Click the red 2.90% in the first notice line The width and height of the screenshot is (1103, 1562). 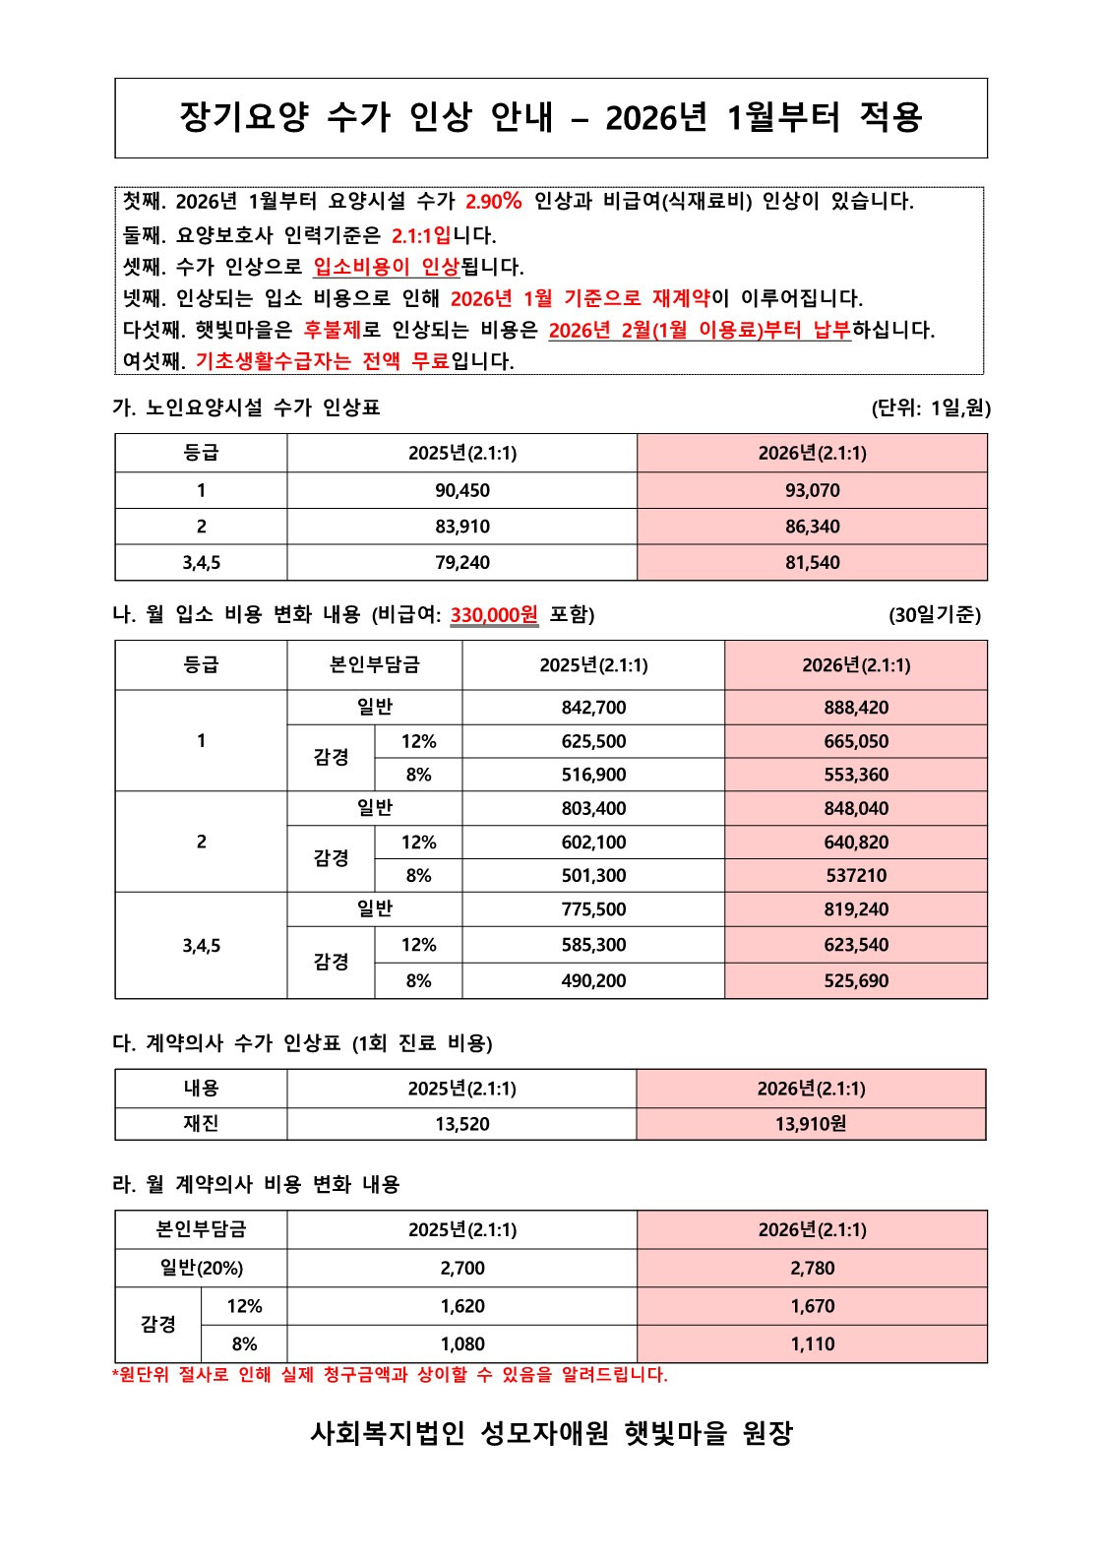pos(493,202)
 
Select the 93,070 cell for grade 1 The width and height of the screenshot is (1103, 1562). pos(812,490)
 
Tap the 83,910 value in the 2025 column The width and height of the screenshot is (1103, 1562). pos(461,527)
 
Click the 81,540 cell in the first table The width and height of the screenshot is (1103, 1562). pos(812,563)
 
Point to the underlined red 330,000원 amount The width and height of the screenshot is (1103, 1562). pos(494,615)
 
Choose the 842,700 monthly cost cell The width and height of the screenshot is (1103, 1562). pos(593,708)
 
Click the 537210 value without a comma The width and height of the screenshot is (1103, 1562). pos(856,875)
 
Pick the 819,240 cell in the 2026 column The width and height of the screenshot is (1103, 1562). pos(856,909)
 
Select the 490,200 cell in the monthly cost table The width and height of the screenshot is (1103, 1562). pos(593,980)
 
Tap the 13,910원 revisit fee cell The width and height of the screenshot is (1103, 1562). pos(811,1124)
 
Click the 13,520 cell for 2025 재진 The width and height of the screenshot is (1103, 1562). pos(461,1124)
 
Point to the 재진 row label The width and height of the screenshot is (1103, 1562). pos(201,1124)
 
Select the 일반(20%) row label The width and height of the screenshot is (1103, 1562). pos(201,1269)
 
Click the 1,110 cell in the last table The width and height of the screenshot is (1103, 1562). pos(812,1343)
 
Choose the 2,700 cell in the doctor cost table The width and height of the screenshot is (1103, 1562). pos(461,1269)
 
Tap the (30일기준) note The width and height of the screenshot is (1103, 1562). pos(934,615)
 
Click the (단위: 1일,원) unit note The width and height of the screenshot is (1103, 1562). pos(931,408)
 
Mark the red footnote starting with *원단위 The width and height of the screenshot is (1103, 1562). pos(390,1375)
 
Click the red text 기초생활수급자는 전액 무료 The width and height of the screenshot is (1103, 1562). pos(322,361)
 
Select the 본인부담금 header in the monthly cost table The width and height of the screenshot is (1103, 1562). pos(374,665)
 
